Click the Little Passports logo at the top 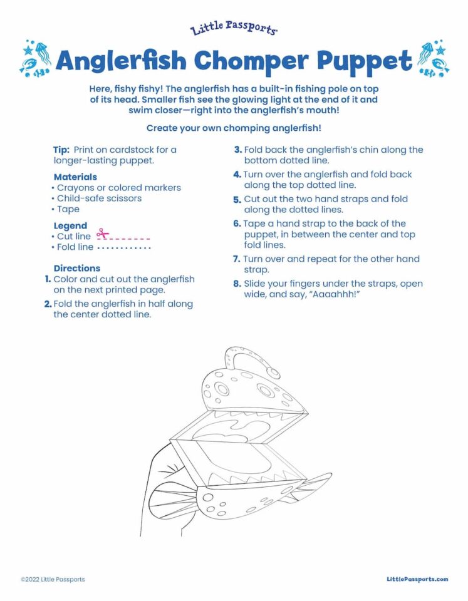(x=233, y=29)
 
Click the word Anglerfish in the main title (x=120, y=61)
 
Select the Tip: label (x=61, y=150)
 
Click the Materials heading (x=75, y=177)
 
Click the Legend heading (x=70, y=226)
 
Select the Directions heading (x=76, y=268)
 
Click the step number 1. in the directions (x=48, y=279)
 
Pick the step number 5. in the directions (x=237, y=200)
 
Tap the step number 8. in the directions (x=237, y=284)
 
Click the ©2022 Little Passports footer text (x=53, y=579)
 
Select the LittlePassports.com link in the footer (x=417, y=579)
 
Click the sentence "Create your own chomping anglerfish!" (x=234, y=128)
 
